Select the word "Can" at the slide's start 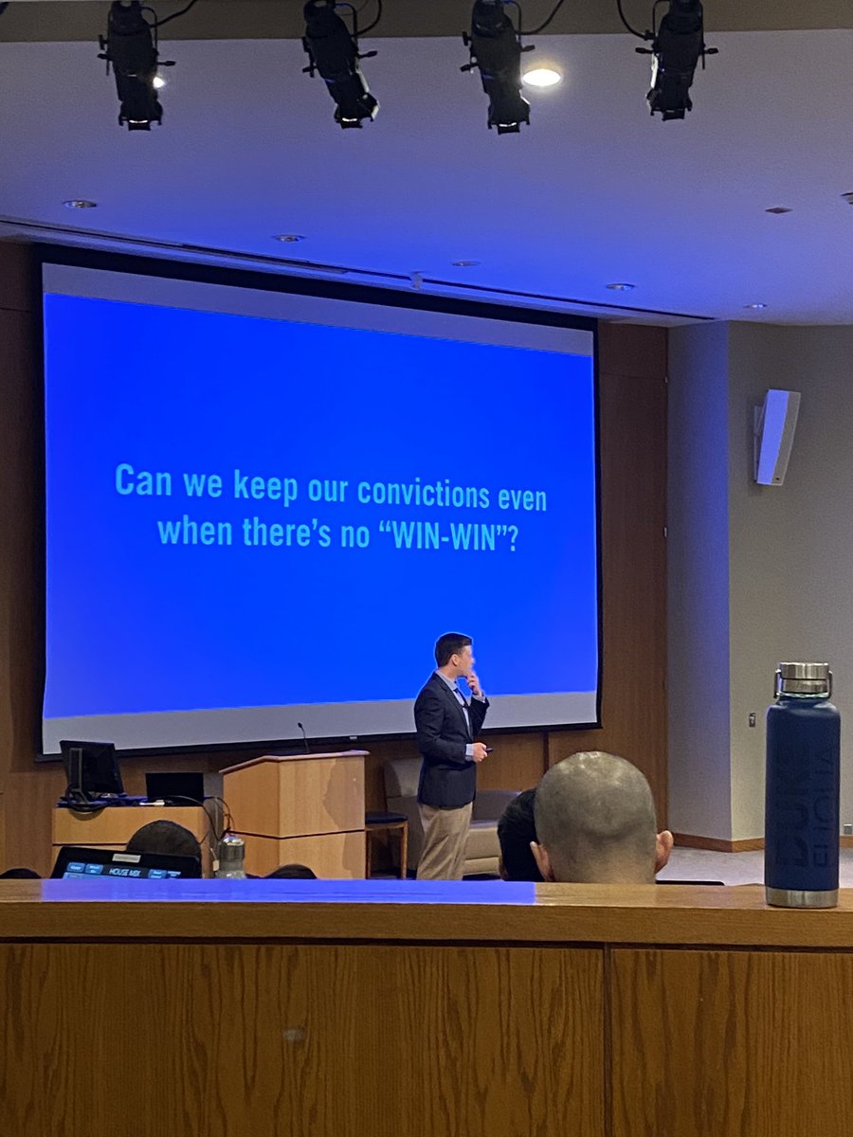pyautogui.click(x=139, y=480)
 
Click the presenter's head pyautogui.click(x=453, y=654)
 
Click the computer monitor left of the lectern pyautogui.click(x=91, y=767)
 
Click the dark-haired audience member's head pyautogui.click(x=517, y=834)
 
